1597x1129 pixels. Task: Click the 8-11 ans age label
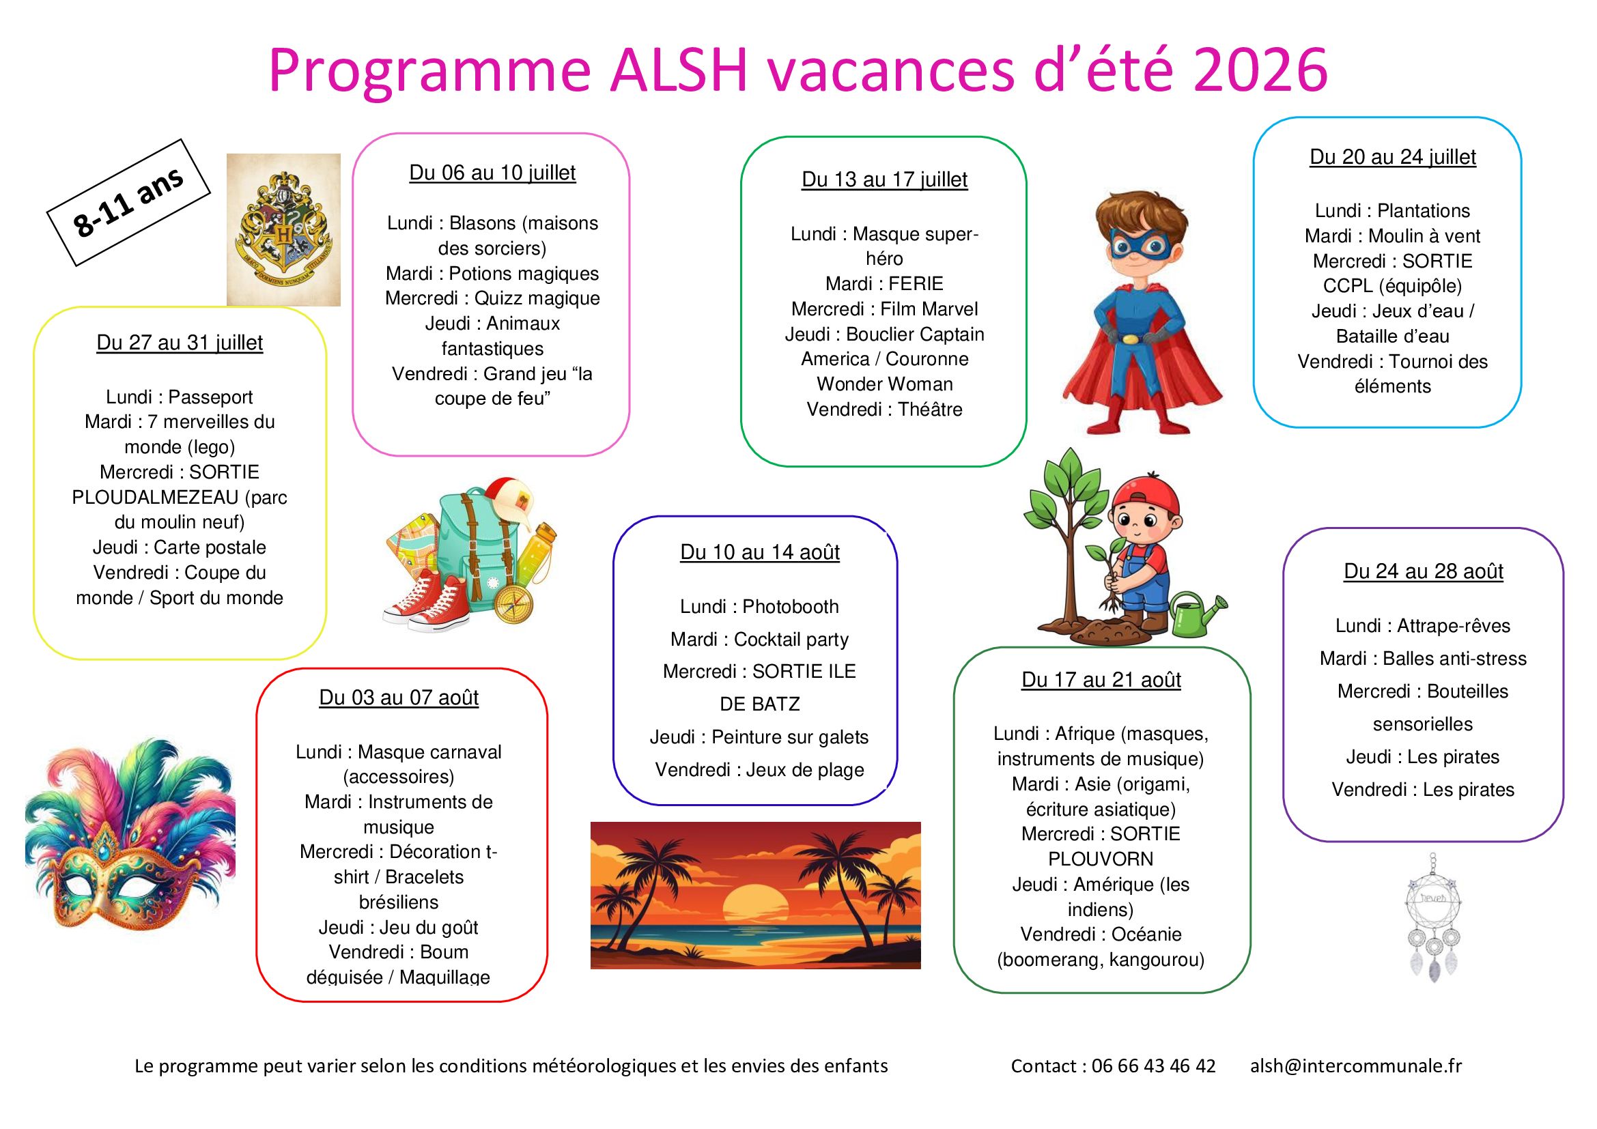point(128,202)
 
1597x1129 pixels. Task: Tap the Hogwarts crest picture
point(284,229)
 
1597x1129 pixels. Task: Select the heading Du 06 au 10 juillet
point(492,173)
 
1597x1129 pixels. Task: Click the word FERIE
point(916,284)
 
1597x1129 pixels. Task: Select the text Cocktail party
point(791,640)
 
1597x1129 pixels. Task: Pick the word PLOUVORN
point(1101,859)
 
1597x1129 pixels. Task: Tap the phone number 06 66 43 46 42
point(1153,1066)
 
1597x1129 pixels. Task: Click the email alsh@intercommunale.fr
point(1356,1066)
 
